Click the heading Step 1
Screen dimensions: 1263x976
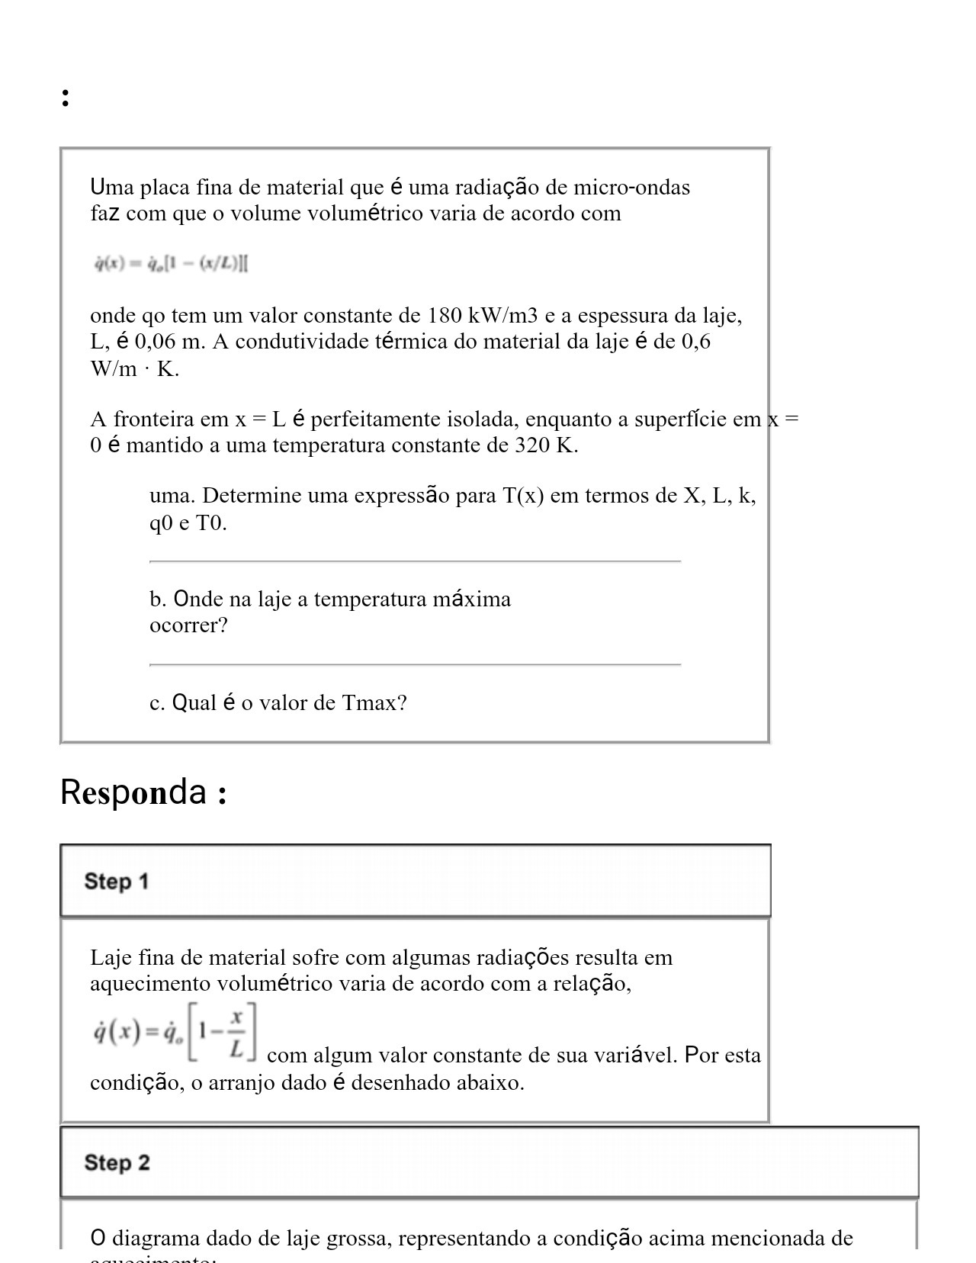(x=117, y=882)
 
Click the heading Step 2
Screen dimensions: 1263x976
(x=117, y=1163)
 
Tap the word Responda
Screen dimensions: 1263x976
(x=133, y=792)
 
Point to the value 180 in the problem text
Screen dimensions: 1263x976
(x=444, y=316)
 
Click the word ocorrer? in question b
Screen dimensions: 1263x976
(x=188, y=626)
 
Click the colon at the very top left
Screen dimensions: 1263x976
(x=66, y=97)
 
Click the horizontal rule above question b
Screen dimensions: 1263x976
(x=415, y=561)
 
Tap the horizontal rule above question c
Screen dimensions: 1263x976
(x=415, y=665)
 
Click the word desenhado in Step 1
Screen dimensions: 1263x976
(x=400, y=1083)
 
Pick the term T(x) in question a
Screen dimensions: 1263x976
(x=523, y=497)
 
